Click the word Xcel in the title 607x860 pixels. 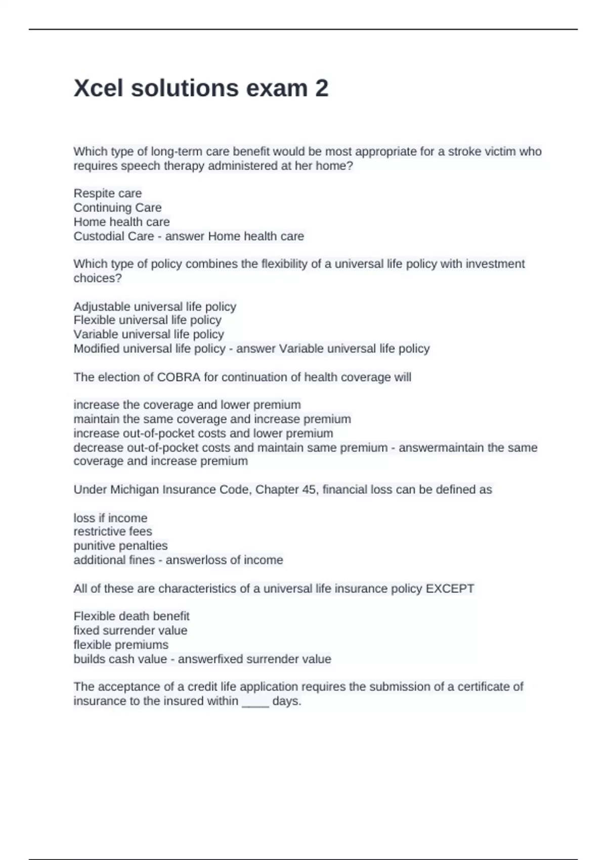tap(98, 89)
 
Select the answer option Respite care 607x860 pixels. tap(108, 193)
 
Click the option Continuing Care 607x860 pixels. tap(117, 207)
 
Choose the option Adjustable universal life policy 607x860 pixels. tap(155, 307)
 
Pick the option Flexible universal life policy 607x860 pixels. tap(147, 320)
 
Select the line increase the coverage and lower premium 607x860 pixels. tap(187, 405)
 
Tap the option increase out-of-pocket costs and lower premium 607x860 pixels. tap(203, 433)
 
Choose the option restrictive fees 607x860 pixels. tap(113, 531)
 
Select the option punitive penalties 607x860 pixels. tap(120, 545)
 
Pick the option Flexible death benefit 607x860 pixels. tap(132, 616)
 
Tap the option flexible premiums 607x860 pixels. tap(121, 644)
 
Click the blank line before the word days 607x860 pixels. tap(255, 702)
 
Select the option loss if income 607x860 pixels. tap(110, 518)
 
